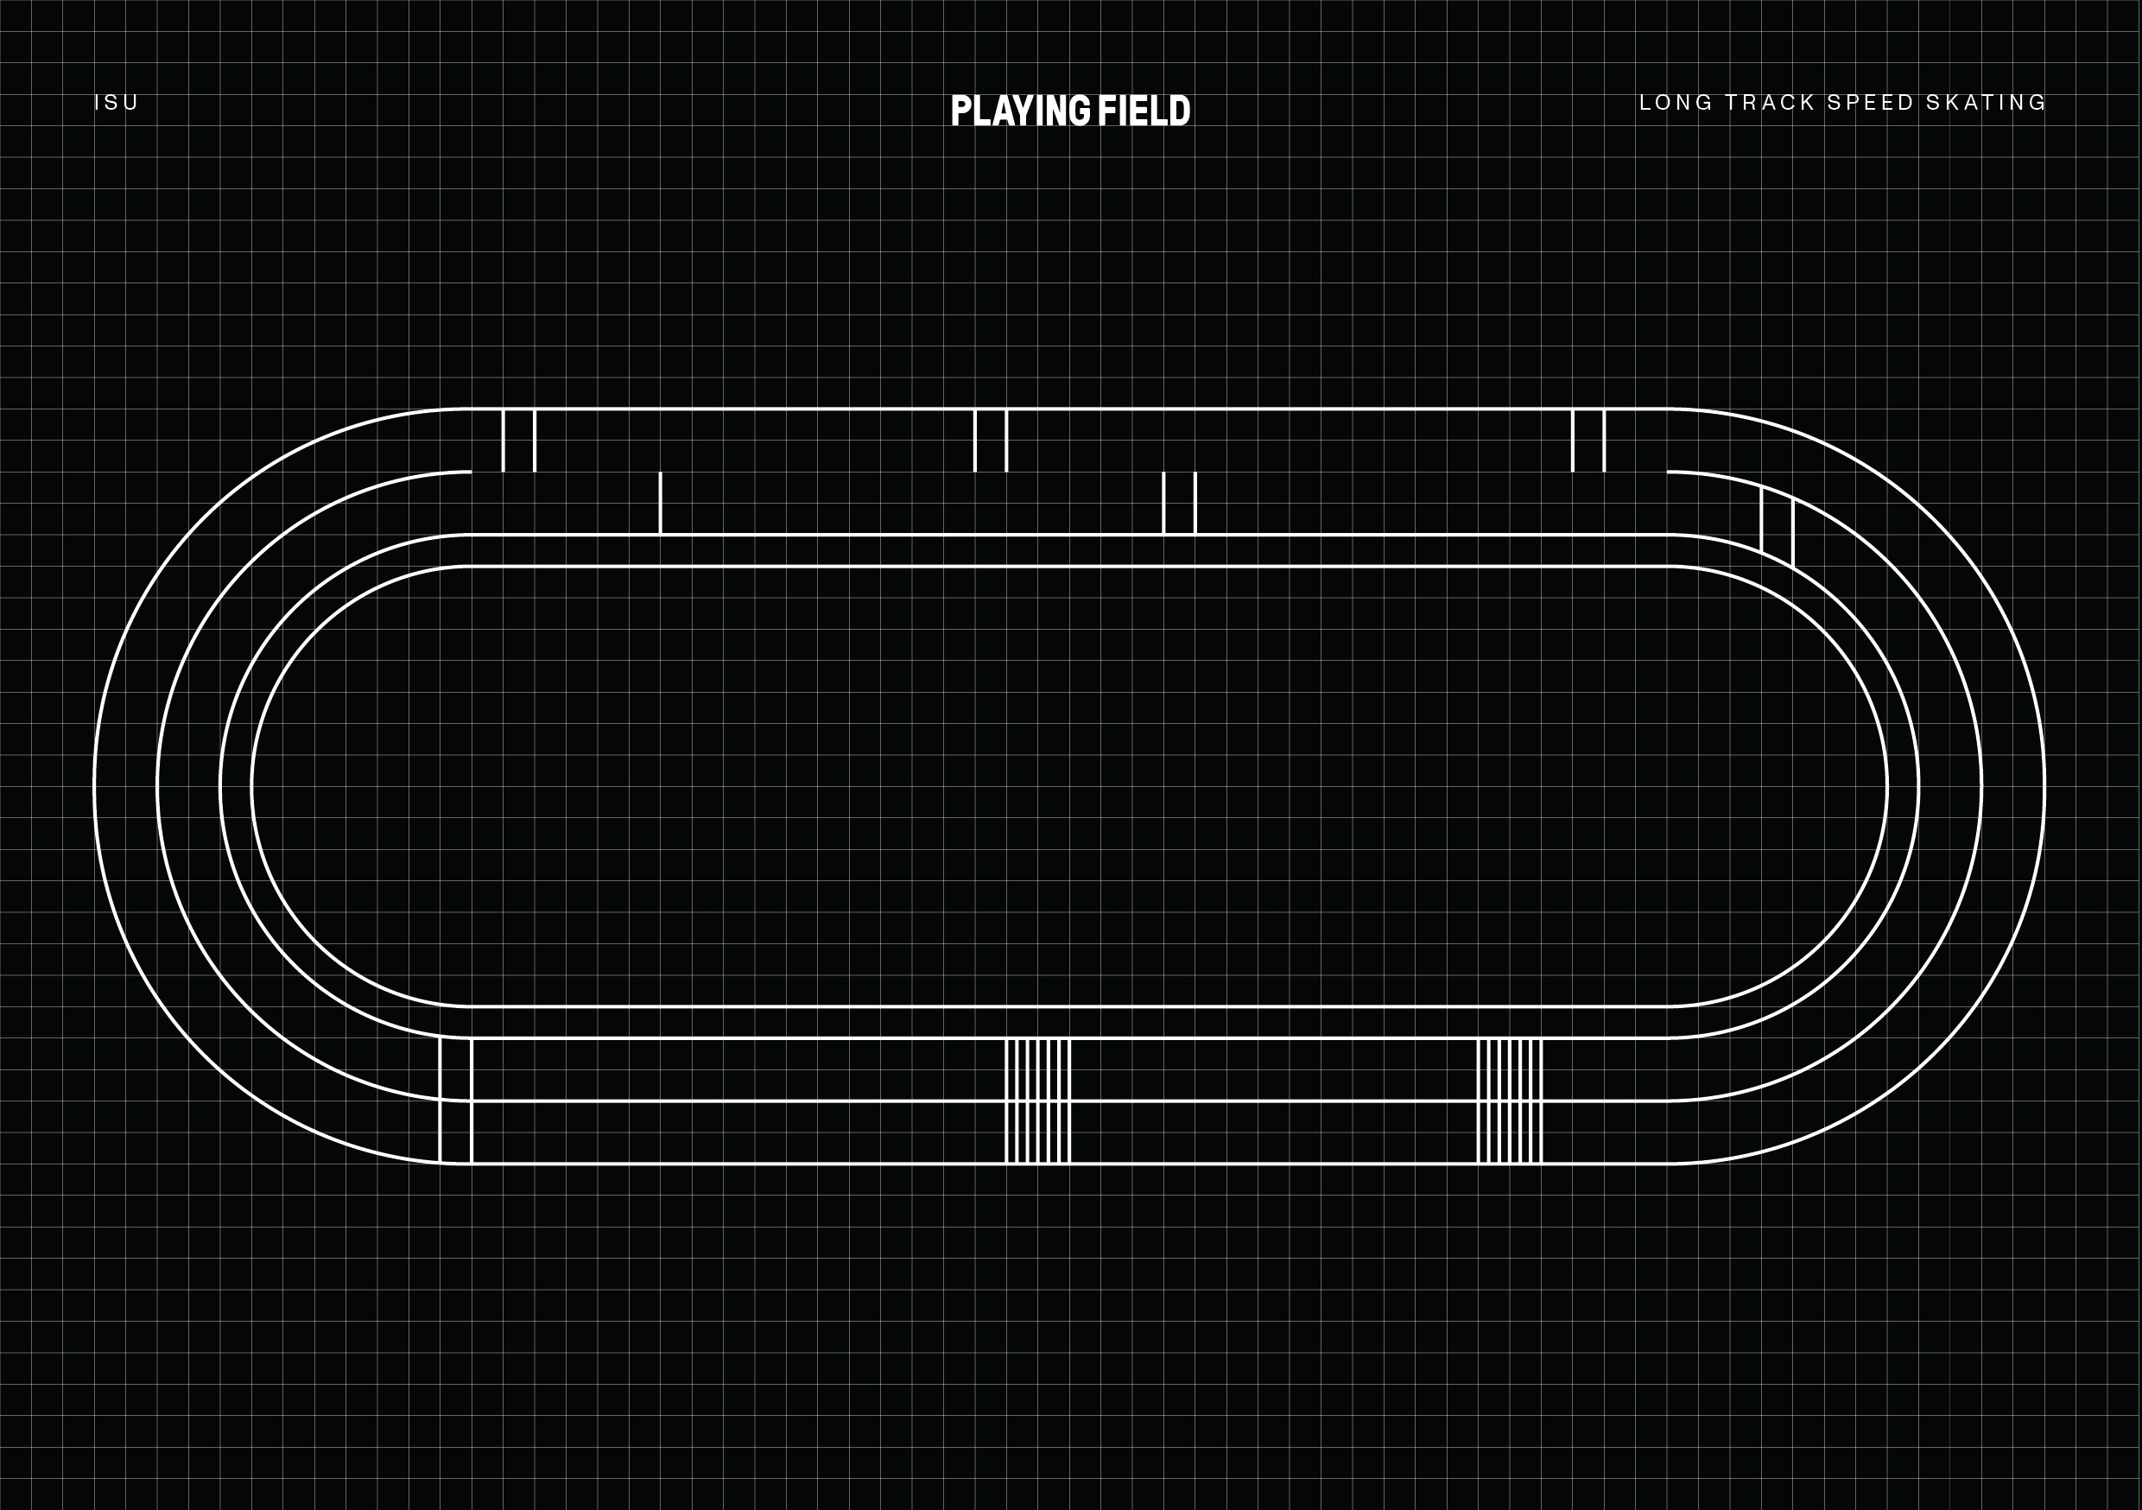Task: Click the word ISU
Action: coord(117,103)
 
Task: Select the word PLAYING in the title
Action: coord(1021,111)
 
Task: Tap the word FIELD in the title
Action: coord(1144,111)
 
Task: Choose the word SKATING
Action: coord(1987,103)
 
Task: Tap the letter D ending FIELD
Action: coord(1180,111)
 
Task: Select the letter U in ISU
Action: coord(131,103)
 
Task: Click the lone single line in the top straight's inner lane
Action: coord(661,503)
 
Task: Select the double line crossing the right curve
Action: coord(1778,524)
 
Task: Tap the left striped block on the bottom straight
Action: coord(1037,1101)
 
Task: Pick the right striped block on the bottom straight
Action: coord(1510,1101)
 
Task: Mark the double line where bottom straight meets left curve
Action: coord(455,1101)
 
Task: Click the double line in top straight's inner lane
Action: coord(1179,503)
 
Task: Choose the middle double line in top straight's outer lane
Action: coord(991,441)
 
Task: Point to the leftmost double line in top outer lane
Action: coord(519,441)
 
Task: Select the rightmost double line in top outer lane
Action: coord(1588,441)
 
